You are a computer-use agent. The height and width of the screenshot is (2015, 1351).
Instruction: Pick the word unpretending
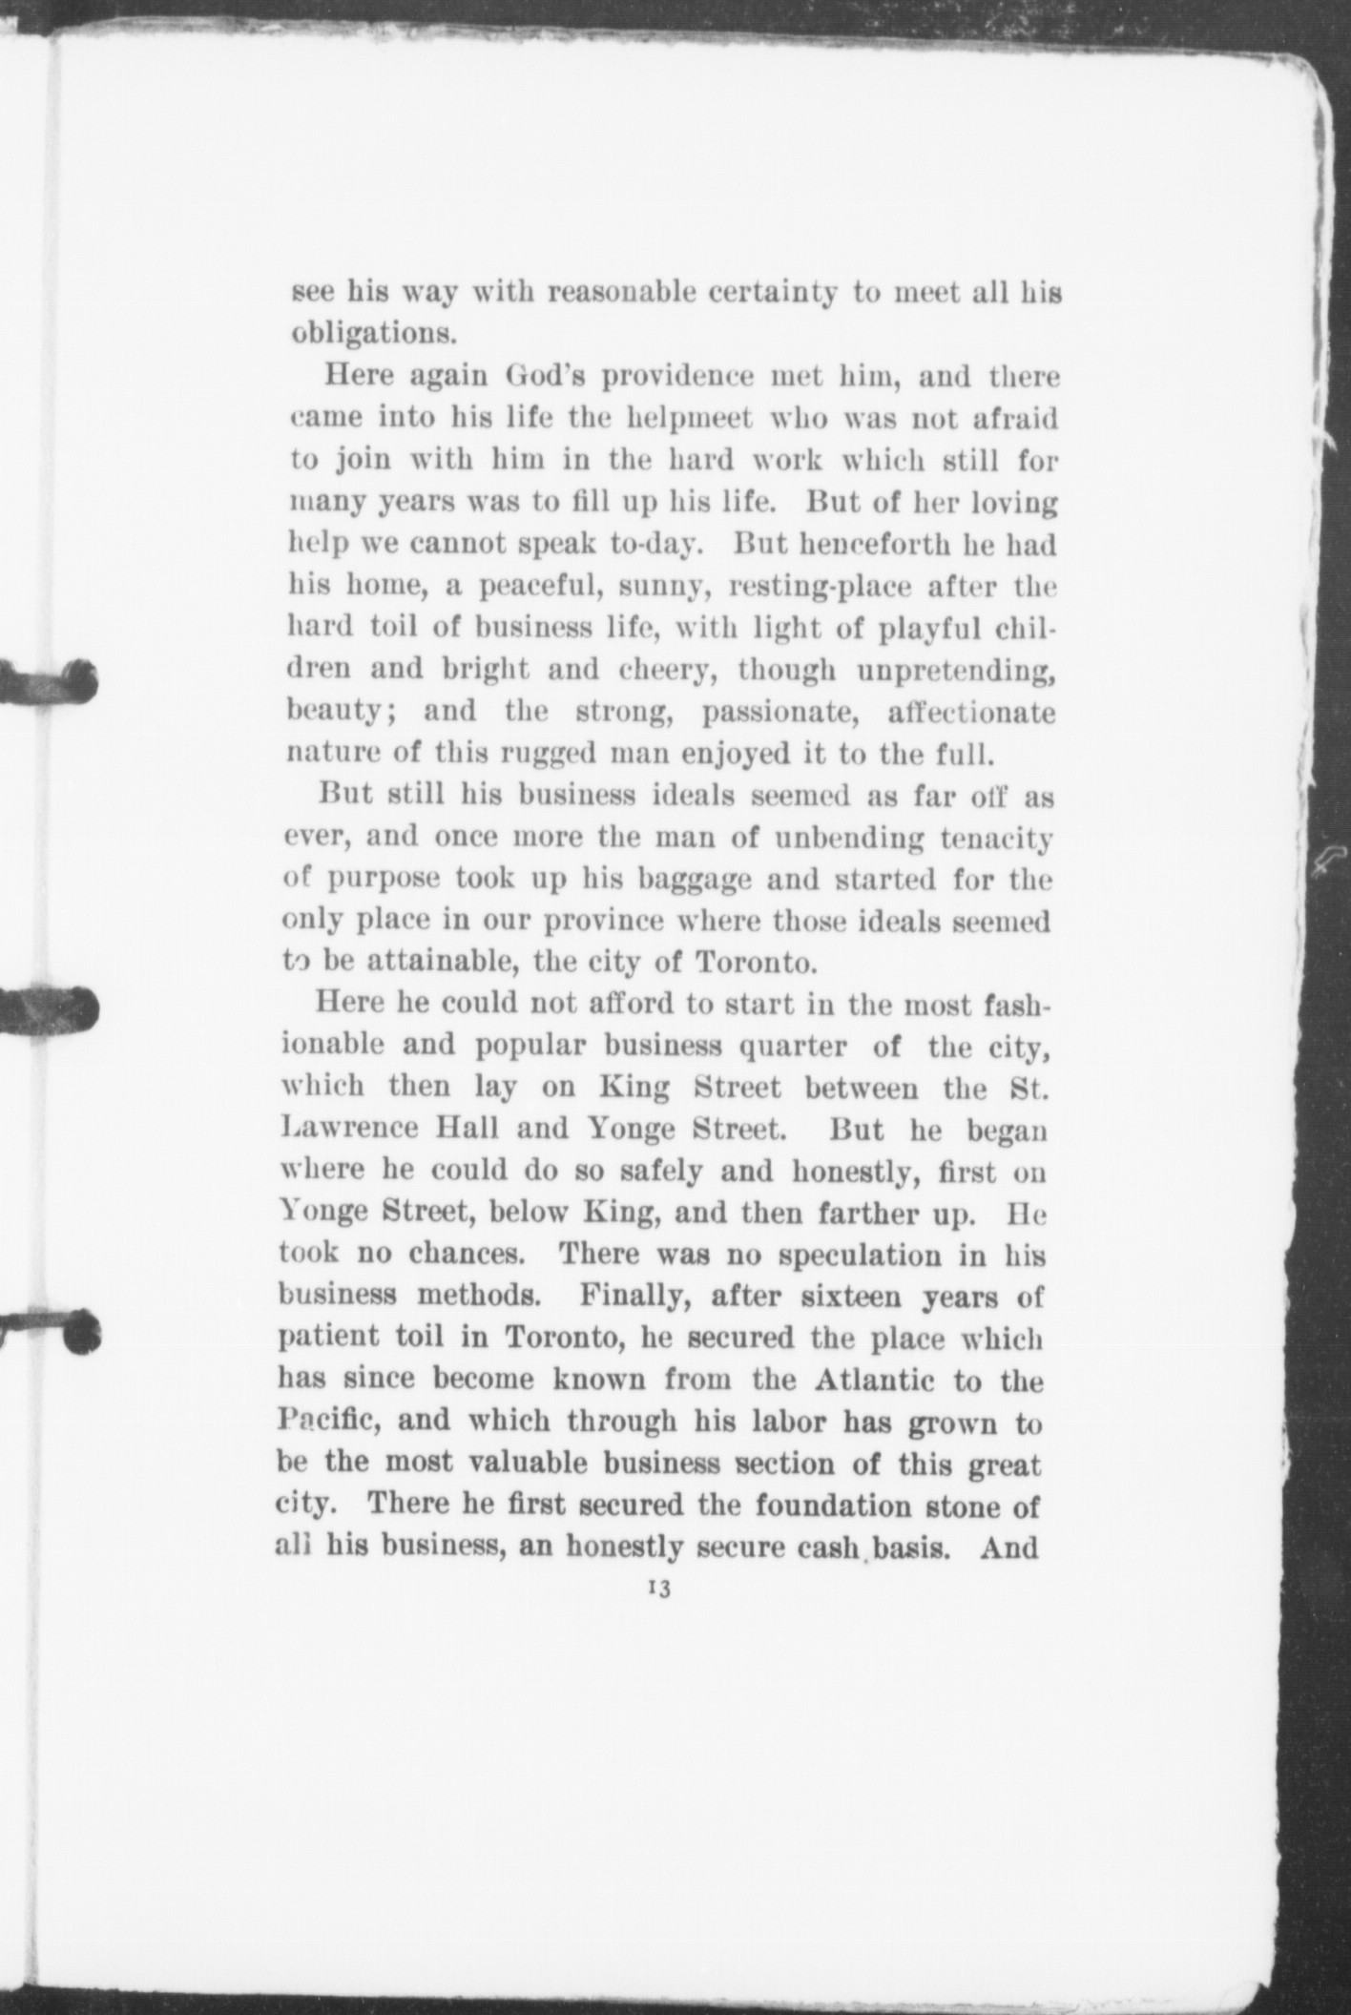[x=955, y=671]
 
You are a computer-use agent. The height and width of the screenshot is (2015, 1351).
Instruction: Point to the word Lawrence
[x=349, y=1129]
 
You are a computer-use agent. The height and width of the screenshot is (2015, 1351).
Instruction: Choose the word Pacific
[x=329, y=1422]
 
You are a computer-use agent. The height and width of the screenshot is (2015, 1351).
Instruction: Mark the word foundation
[x=842, y=1506]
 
